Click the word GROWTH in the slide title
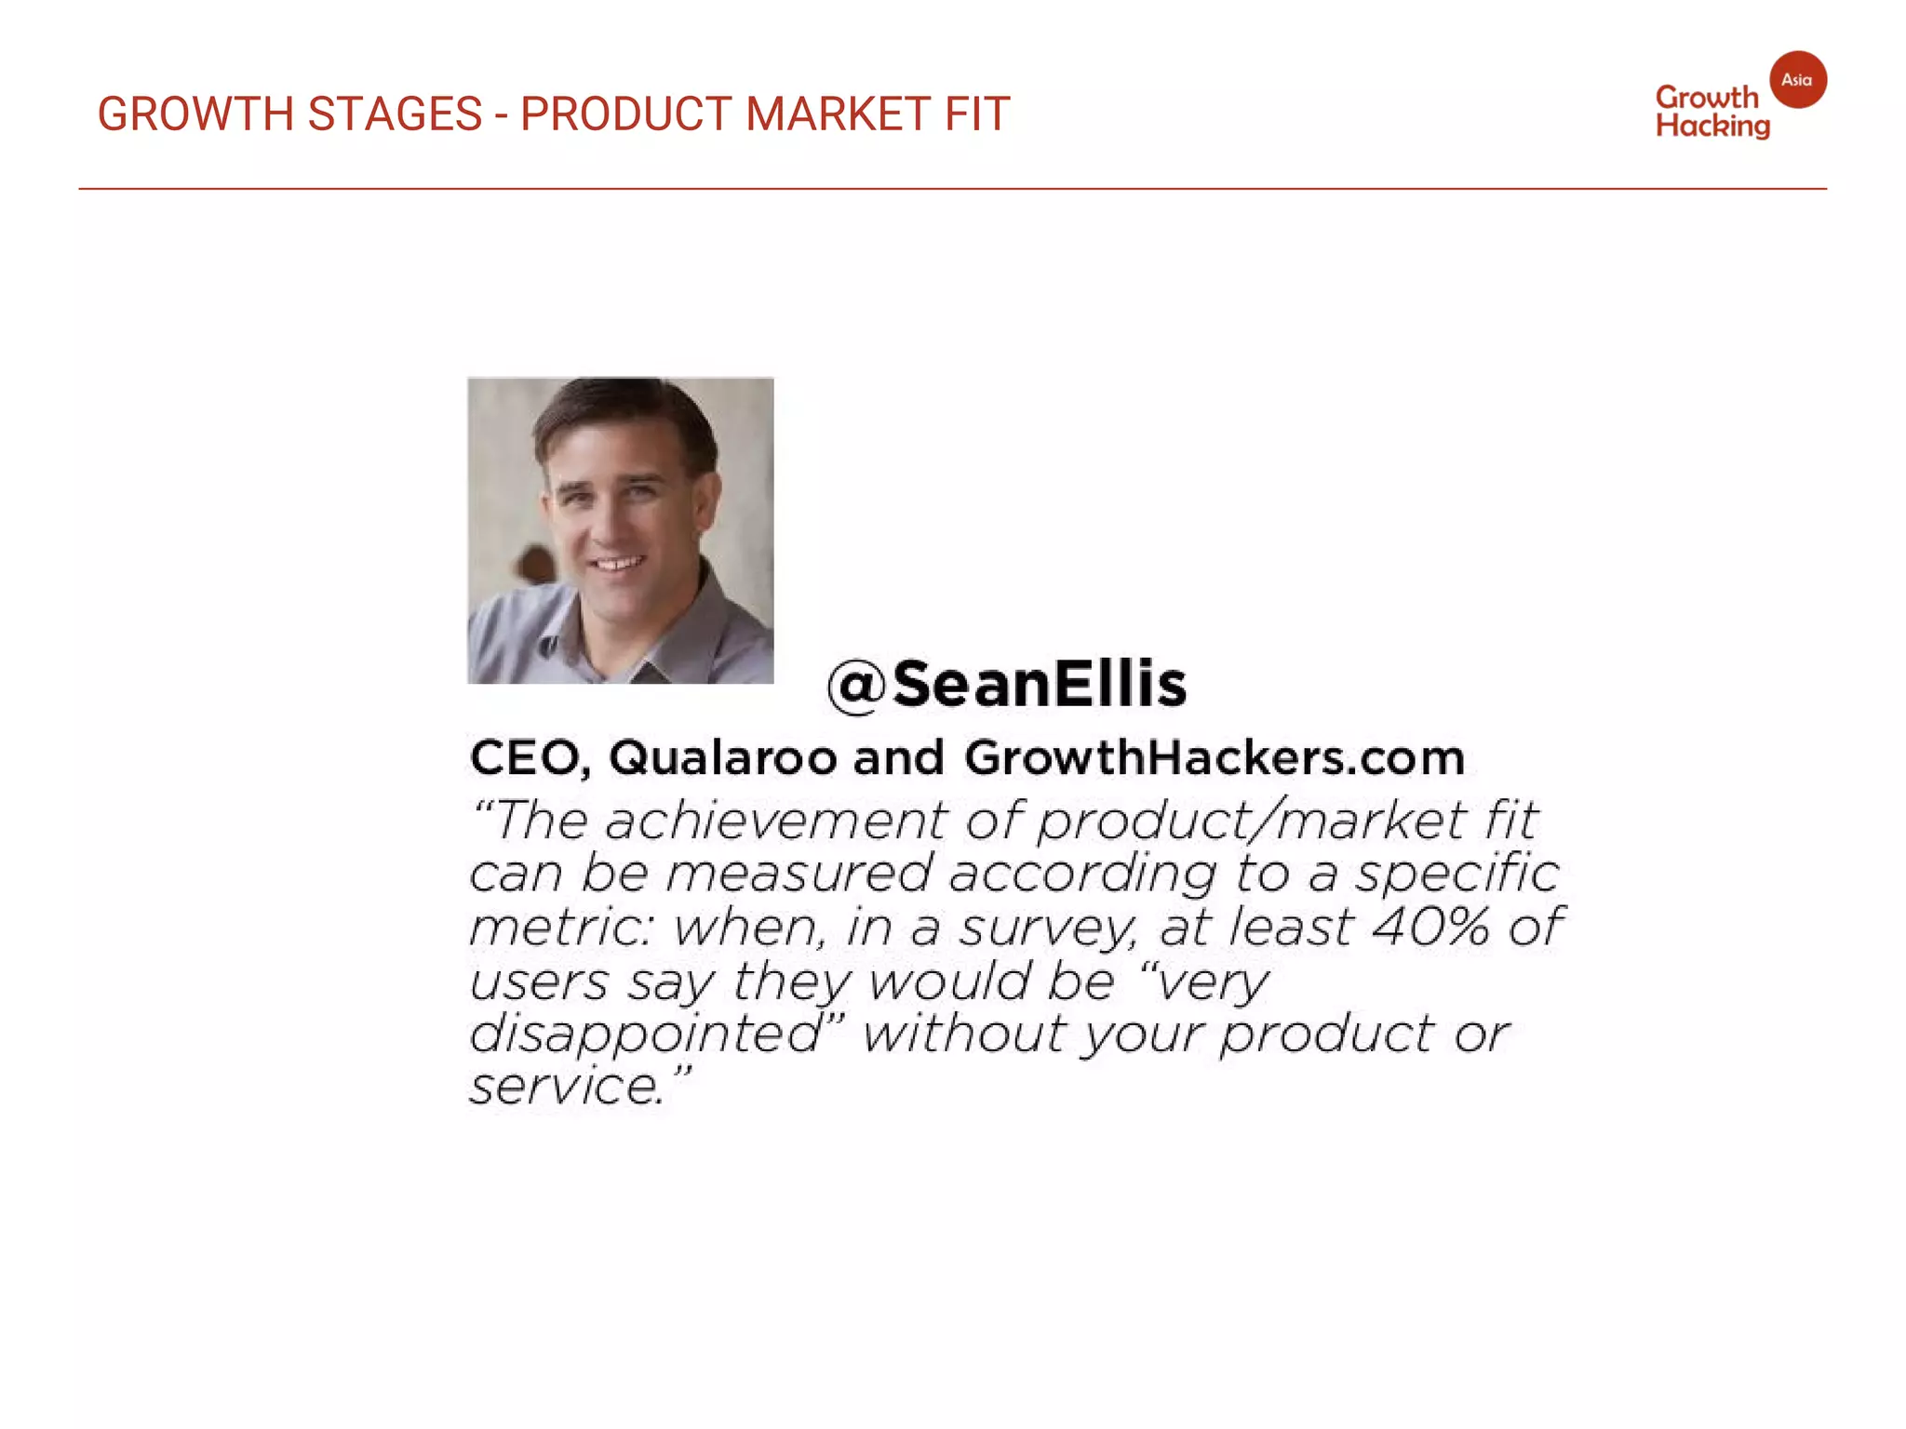(x=196, y=114)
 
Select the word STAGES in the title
(x=395, y=114)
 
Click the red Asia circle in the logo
(x=1797, y=80)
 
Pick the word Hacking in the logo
(x=1712, y=127)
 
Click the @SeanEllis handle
(x=1008, y=685)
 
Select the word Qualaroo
(x=723, y=757)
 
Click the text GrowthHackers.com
(x=1215, y=757)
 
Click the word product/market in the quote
(x=1252, y=821)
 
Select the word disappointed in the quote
(x=646, y=1035)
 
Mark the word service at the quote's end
(x=566, y=1087)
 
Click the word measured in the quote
(x=799, y=875)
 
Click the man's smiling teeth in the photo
(x=618, y=563)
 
